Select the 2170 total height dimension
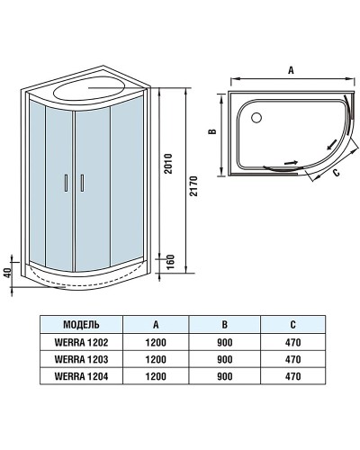[193, 184]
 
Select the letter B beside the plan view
[213, 131]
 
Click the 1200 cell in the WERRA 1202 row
[157, 340]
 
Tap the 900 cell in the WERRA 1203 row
[225, 357]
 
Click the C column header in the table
[292, 323]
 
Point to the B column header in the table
[225, 323]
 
